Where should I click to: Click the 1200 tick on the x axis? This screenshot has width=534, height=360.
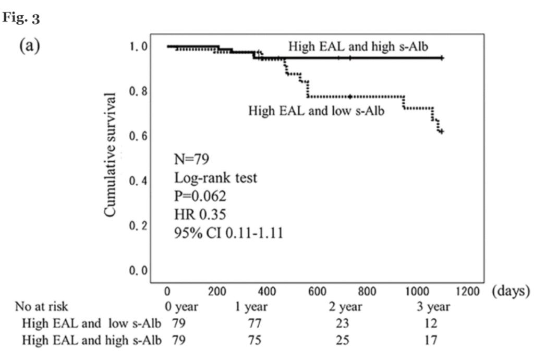tap(469, 292)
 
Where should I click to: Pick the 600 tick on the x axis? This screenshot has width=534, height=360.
tap(318, 292)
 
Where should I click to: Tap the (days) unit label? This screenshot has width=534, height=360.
tap(511, 291)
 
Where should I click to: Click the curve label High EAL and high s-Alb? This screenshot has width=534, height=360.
tap(359, 46)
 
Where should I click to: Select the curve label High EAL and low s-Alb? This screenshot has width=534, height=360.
tap(317, 111)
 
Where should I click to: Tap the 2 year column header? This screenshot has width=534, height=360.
tap(342, 307)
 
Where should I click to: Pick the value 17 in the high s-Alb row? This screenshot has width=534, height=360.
tap(431, 340)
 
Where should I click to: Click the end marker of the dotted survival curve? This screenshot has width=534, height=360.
tap(441, 131)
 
